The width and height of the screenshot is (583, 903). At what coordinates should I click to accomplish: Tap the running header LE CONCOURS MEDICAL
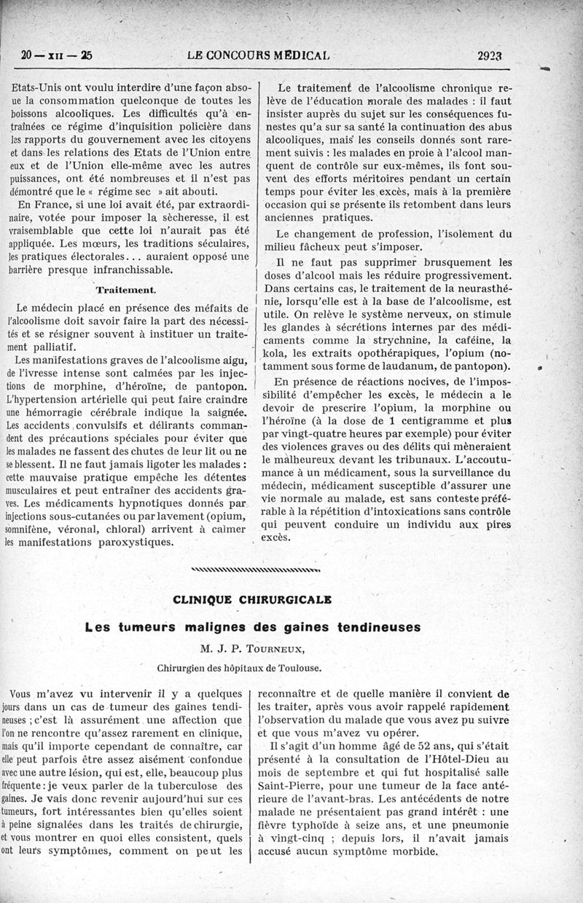(258, 55)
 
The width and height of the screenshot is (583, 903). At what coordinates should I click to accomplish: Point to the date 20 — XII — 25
(57, 55)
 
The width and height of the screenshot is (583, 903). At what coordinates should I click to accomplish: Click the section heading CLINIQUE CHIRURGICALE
(251, 599)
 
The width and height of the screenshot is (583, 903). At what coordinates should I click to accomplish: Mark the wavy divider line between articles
(254, 569)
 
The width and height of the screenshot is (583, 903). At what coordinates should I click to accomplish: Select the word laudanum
(406, 366)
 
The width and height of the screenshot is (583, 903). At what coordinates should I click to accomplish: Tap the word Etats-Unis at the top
(42, 87)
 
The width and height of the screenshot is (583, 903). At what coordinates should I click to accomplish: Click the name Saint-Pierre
(290, 786)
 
